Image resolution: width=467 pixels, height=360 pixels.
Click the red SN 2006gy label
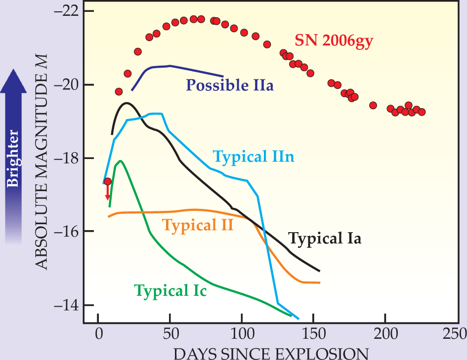pyautogui.click(x=334, y=40)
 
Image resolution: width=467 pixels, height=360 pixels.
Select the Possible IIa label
pyautogui.click(x=230, y=85)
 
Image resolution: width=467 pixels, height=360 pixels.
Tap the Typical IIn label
pyautogui.click(x=254, y=157)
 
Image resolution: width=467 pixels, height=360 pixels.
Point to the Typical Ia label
pyautogui.click(x=325, y=239)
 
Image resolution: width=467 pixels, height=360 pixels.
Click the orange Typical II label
pyautogui.click(x=198, y=226)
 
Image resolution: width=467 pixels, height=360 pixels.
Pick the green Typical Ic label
pyautogui.click(x=170, y=290)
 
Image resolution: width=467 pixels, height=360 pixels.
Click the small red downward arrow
pyautogui.click(x=107, y=193)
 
